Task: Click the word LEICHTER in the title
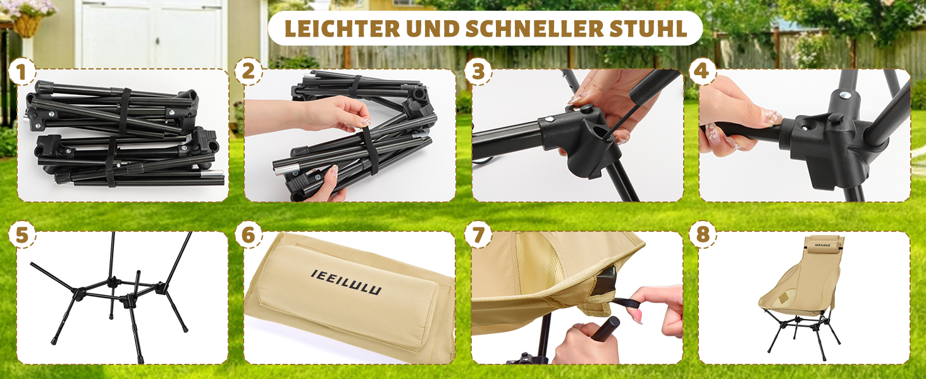[x=342, y=28]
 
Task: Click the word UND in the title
[x=433, y=28]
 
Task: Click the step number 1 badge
[x=22, y=71]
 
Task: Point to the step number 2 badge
[x=249, y=71]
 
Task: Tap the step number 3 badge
[x=478, y=71]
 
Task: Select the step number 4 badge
[x=702, y=71]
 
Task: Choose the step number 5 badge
[x=22, y=234]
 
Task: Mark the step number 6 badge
[x=249, y=234]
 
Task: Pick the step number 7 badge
[x=478, y=234]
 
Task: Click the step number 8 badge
[x=702, y=234]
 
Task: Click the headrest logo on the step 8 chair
[x=822, y=245]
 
